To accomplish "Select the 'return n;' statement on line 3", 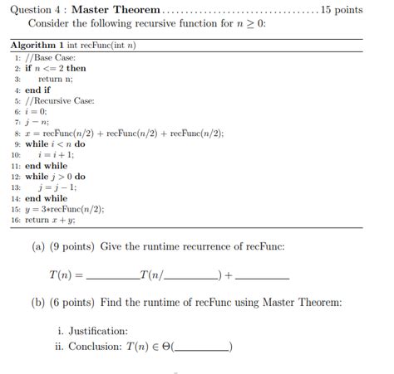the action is coord(55,79).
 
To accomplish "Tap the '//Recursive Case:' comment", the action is coord(60,100).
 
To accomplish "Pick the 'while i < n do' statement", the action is coord(55,143).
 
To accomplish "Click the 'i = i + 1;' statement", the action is coord(56,154).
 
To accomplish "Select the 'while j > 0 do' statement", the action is coord(55,177).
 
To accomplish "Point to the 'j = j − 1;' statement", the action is coord(57,187).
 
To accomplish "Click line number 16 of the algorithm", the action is coord(16,221).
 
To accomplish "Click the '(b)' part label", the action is coord(39,303).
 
